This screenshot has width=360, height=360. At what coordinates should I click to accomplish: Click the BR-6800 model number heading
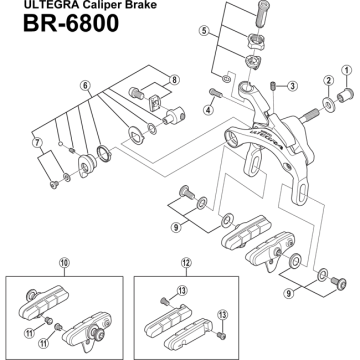click(71, 23)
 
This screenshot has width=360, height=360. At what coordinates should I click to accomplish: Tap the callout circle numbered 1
click(347, 70)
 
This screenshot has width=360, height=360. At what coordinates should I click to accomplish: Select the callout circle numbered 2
click(328, 80)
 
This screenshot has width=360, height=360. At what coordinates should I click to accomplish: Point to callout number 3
click(292, 86)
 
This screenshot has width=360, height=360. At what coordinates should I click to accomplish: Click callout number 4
click(209, 110)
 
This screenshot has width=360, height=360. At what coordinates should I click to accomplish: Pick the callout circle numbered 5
click(203, 31)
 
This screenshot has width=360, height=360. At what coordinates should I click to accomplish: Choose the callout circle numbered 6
click(85, 86)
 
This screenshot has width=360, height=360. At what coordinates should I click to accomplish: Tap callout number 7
click(37, 142)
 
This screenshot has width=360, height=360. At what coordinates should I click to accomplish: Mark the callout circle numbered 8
click(174, 80)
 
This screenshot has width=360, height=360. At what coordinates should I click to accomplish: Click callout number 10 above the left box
click(64, 263)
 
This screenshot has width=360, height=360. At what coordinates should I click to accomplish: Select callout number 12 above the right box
click(186, 263)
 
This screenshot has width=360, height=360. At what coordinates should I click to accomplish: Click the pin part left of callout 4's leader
click(215, 93)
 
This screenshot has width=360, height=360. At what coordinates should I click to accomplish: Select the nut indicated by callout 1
click(344, 95)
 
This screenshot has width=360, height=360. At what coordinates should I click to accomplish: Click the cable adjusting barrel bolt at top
click(263, 14)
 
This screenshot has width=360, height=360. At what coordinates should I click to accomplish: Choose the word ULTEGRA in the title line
click(46, 5)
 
